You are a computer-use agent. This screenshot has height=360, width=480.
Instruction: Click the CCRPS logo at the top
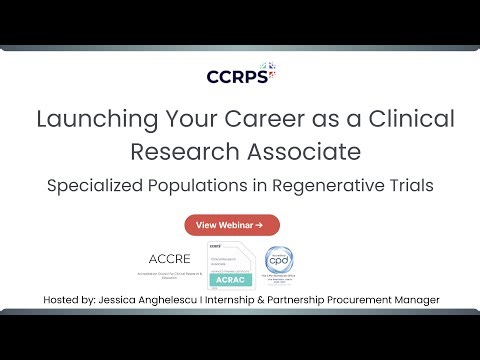[x=240, y=75]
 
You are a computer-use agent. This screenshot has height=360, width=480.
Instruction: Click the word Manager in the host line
[x=413, y=300]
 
